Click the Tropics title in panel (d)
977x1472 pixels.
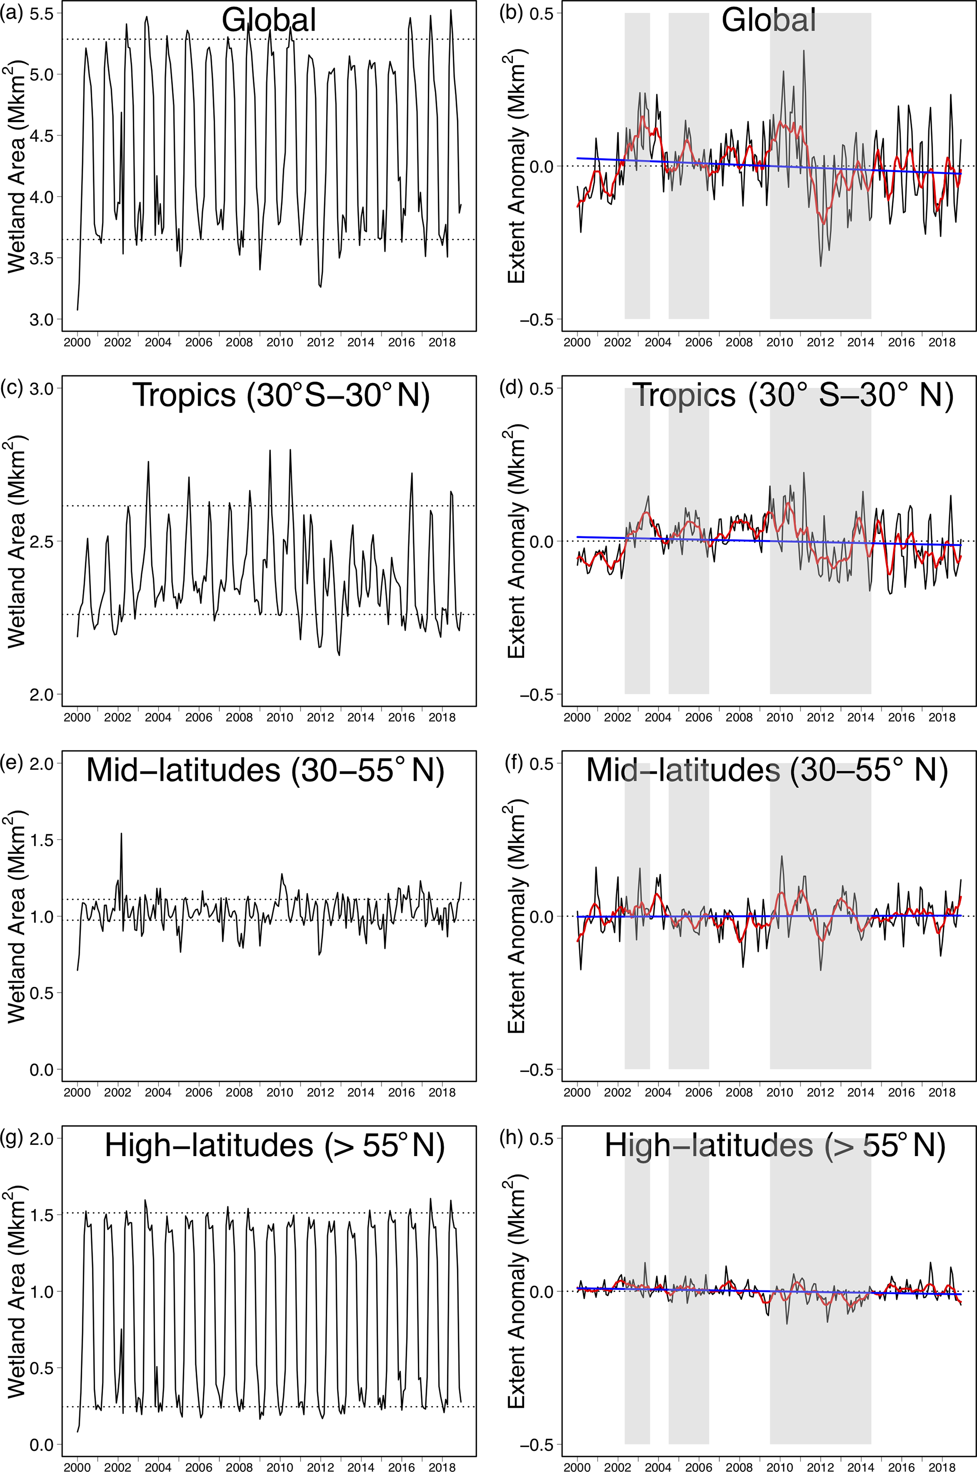(x=793, y=395)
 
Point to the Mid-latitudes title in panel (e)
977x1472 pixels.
(x=265, y=770)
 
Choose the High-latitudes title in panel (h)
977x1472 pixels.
(x=775, y=1145)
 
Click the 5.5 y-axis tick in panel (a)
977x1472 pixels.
(x=41, y=14)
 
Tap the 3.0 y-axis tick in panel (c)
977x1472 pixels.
(x=41, y=389)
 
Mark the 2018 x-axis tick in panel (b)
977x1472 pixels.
(x=942, y=342)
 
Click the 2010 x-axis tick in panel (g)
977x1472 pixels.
(x=280, y=1467)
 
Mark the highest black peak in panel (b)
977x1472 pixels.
(x=804, y=52)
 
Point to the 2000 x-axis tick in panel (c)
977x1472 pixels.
(x=77, y=717)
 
